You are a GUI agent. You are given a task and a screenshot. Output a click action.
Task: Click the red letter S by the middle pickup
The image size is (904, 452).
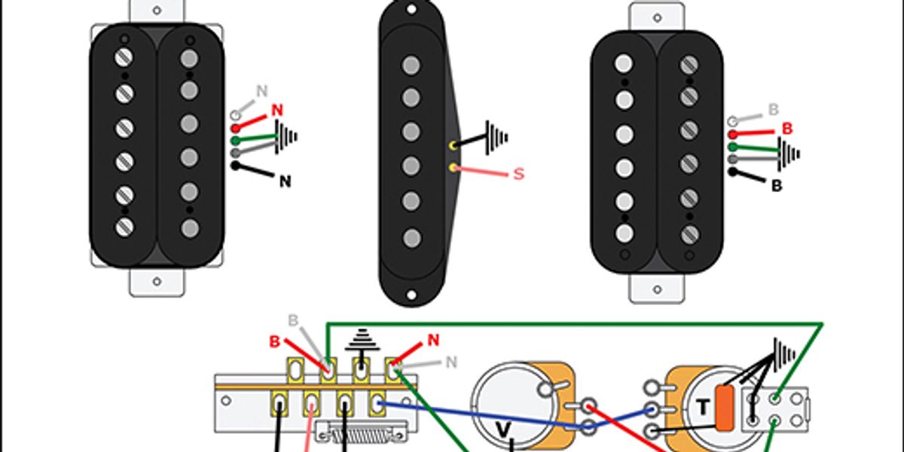pyautogui.click(x=518, y=174)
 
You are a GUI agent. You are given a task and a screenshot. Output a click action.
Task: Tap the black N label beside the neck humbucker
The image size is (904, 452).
pyautogui.click(x=286, y=182)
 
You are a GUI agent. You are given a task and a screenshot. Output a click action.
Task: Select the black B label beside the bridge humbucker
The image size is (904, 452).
pyautogui.click(x=777, y=185)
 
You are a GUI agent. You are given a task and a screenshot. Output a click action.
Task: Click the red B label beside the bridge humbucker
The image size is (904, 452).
pyautogui.click(x=787, y=129)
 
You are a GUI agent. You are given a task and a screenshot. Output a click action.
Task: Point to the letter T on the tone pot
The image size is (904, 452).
pyautogui.click(x=703, y=407)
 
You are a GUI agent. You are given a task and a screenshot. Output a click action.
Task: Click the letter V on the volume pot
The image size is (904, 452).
pyautogui.click(x=503, y=429)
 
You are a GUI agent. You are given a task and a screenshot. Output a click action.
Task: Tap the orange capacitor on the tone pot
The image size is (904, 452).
pyautogui.click(x=725, y=408)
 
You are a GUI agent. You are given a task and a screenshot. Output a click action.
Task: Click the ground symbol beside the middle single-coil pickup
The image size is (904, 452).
pyautogui.click(x=497, y=138)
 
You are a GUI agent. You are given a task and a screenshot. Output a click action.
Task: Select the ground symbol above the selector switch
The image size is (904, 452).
pyautogui.click(x=362, y=340)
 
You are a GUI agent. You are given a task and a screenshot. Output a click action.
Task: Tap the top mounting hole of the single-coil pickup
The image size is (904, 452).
pyautogui.click(x=411, y=9)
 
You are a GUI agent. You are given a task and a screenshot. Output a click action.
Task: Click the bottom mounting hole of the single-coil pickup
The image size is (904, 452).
pyautogui.click(x=411, y=295)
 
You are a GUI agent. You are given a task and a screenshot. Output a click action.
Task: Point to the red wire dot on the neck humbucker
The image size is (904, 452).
pyautogui.click(x=236, y=129)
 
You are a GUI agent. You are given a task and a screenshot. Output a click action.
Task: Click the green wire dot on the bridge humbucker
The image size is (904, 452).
pyautogui.click(x=733, y=147)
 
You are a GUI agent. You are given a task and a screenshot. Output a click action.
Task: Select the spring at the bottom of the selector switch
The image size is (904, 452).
pyautogui.click(x=362, y=435)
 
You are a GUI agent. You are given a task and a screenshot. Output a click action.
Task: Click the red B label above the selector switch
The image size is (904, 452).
pyautogui.click(x=274, y=342)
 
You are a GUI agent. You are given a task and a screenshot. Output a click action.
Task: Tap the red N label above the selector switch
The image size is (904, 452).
pyautogui.click(x=433, y=341)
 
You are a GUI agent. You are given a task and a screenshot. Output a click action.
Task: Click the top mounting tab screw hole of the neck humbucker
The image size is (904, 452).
pyautogui.click(x=157, y=11)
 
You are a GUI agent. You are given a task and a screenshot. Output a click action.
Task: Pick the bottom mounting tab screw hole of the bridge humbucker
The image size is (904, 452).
pyautogui.click(x=657, y=289)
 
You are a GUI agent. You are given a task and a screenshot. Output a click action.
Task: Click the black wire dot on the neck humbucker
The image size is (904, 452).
pyautogui.click(x=235, y=166)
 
